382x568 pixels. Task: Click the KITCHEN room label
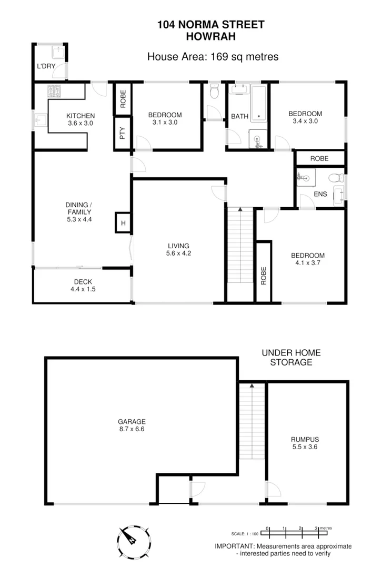coord(80,116)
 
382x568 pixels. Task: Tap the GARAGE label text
coord(131,421)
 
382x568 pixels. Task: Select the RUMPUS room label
coord(305,439)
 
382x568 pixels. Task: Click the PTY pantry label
coord(123,134)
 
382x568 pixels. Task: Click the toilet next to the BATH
coord(214,92)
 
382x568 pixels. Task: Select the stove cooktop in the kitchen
coord(55,91)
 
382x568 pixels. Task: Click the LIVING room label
coord(178,246)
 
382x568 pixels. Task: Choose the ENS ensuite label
coord(320,194)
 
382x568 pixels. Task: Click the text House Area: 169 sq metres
coord(213,56)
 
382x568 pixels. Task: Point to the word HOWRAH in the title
coord(210,36)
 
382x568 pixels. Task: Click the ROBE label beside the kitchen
coord(123,100)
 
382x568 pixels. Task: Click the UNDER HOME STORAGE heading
coord(291,358)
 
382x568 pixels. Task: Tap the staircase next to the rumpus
coord(252,421)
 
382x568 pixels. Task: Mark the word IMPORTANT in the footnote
coord(235,546)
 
